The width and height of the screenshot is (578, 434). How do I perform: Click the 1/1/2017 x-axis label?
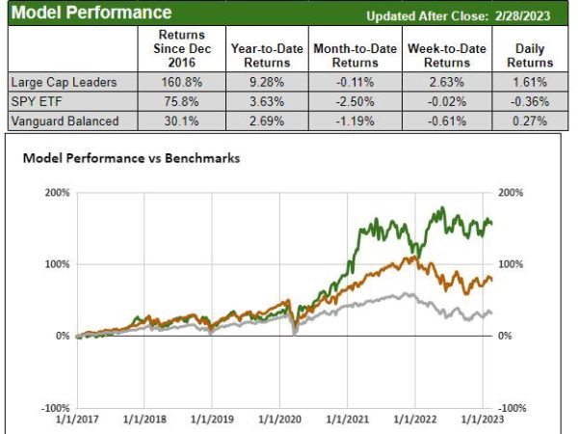tap(77, 420)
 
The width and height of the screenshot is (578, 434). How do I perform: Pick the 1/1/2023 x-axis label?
tap(482, 420)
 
